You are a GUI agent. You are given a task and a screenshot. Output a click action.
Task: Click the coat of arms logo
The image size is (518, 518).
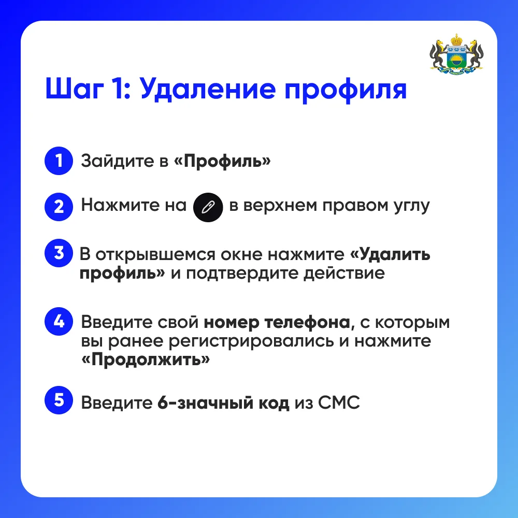[x=456, y=54]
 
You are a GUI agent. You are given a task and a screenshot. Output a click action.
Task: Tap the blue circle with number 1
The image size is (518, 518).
[x=59, y=161]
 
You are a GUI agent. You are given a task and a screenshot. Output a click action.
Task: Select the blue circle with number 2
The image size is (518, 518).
[x=59, y=207]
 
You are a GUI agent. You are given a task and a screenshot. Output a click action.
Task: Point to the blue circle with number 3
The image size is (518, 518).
[x=59, y=253]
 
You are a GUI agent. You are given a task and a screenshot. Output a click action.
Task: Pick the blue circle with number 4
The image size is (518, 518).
[x=59, y=322]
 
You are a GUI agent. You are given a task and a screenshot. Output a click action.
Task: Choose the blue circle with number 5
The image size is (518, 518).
[x=59, y=400]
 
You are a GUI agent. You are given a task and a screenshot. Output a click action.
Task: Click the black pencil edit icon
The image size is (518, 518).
[x=208, y=208]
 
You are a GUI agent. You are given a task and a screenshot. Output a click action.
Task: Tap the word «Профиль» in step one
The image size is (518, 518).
[x=222, y=161]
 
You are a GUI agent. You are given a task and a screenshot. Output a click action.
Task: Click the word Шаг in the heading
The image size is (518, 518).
[x=75, y=89]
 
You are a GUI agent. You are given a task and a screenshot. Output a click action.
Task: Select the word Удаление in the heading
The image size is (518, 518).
[x=208, y=89]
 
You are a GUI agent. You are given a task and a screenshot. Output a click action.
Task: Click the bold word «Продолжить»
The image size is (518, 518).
[x=146, y=359]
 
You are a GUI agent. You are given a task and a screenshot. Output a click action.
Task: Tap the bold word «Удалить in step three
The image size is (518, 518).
[x=390, y=254]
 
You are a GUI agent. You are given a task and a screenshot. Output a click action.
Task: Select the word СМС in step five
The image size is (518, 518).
[x=339, y=402]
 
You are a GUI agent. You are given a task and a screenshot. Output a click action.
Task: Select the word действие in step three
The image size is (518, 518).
[x=344, y=274]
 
